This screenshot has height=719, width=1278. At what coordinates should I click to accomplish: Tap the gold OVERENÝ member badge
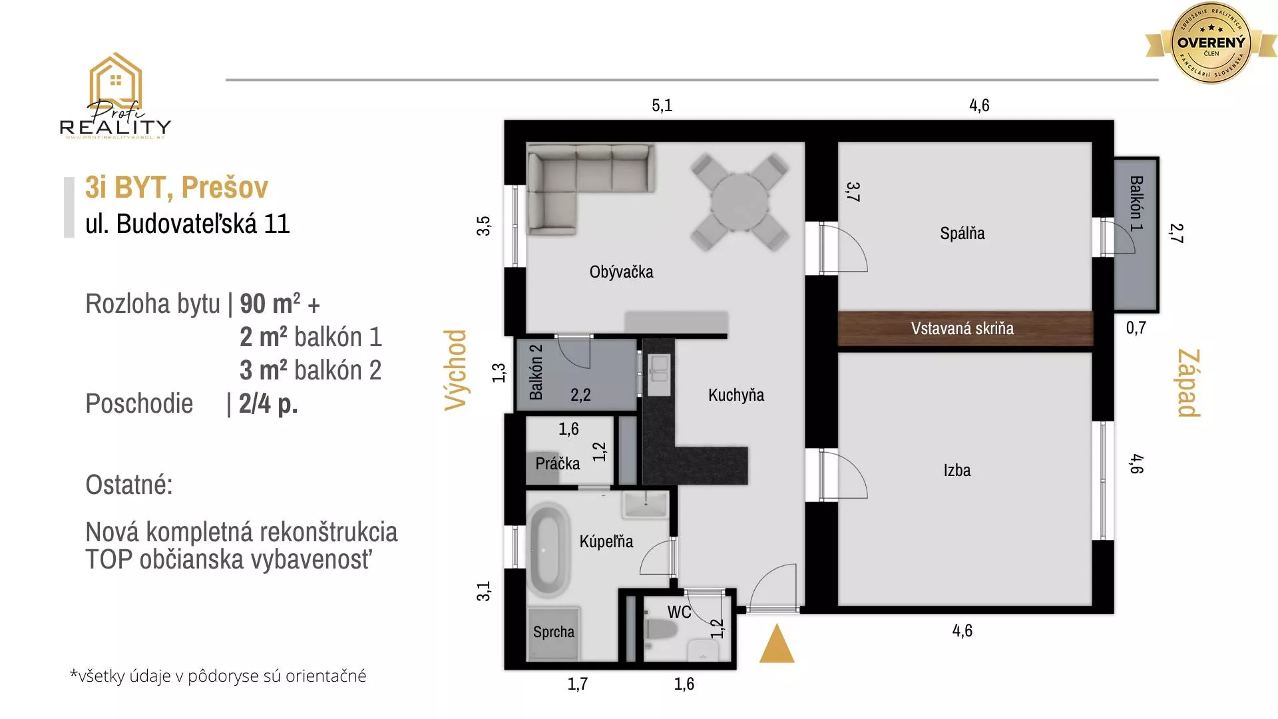click(x=1211, y=43)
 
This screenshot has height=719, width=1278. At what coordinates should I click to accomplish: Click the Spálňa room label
click(x=962, y=234)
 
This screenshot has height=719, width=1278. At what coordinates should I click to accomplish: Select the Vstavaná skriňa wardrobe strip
click(x=962, y=328)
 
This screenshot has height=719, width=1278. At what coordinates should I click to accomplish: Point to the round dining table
click(x=740, y=202)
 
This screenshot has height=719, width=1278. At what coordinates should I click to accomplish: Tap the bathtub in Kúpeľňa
click(x=548, y=552)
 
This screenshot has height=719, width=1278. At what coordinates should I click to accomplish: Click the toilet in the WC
click(x=662, y=630)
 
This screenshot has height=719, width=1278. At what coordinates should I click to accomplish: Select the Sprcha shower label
click(x=553, y=632)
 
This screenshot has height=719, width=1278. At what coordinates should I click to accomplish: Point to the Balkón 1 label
click(x=1136, y=203)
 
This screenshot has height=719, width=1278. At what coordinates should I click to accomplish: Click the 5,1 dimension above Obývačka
click(x=662, y=105)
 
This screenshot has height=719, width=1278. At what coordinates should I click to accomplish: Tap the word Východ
click(x=456, y=370)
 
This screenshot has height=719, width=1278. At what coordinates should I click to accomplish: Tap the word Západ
click(x=1189, y=383)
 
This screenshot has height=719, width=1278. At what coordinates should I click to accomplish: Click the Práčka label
click(x=557, y=463)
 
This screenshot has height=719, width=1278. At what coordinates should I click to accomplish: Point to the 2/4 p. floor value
click(x=268, y=403)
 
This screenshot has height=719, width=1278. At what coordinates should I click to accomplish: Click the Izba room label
click(x=957, y=471)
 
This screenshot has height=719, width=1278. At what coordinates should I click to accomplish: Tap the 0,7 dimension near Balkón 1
click(x=1136, y=328)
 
